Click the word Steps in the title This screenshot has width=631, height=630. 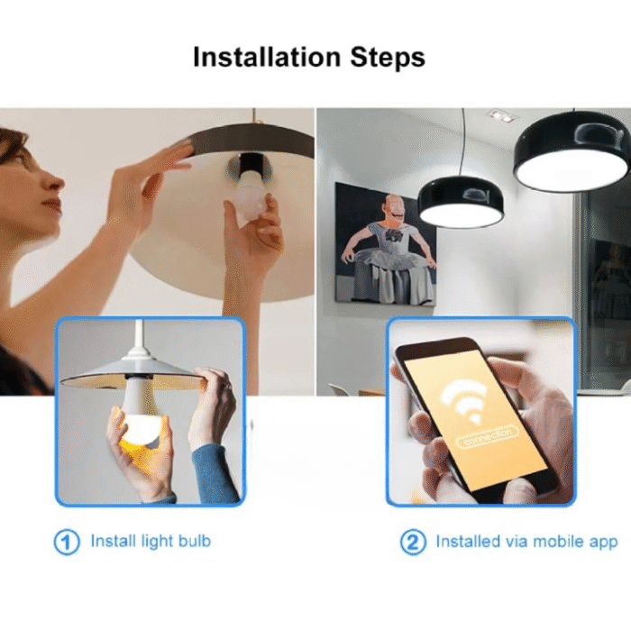[x=386, y=59]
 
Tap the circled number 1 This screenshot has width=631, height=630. [x=67, y=543]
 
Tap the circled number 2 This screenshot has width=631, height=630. [x=412, y=543]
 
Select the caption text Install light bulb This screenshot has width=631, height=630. [x=151, y=542]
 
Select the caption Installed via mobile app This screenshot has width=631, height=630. [x=526, y=542]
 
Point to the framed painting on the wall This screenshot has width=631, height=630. [x=385, y=243]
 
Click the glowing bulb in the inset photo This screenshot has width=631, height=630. [x=141, y=424]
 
